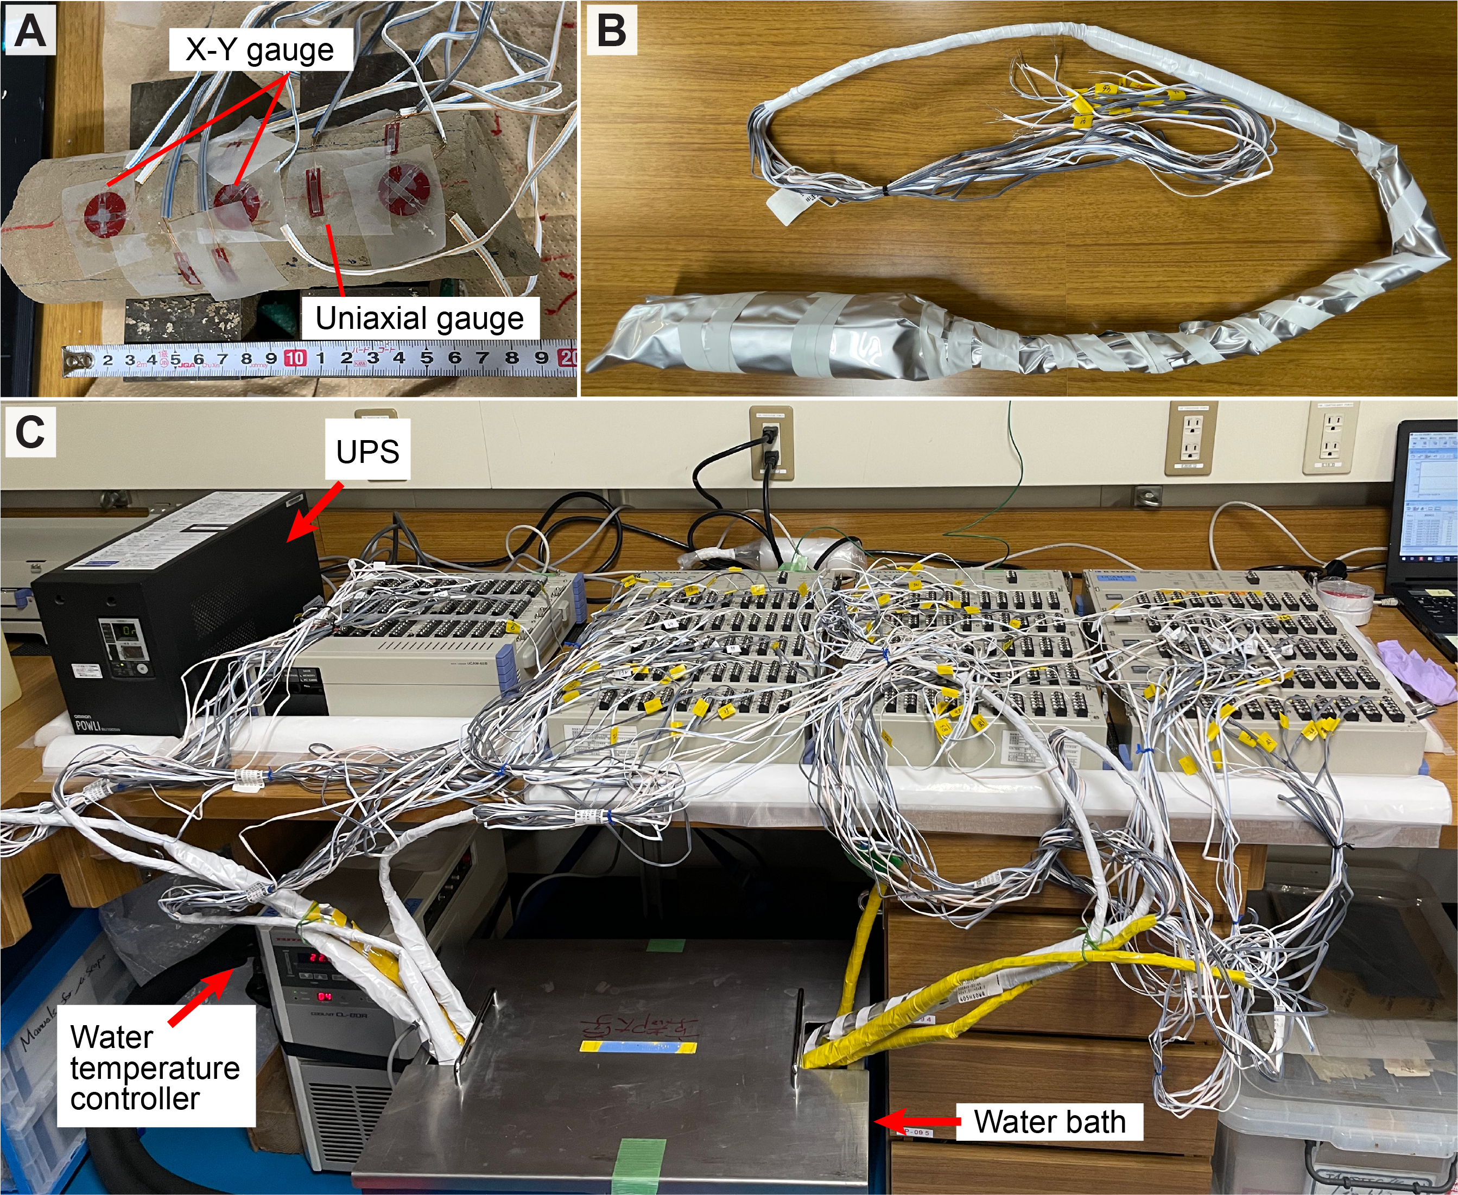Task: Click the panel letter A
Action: coord(29,31)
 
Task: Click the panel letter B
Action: coord(611,31)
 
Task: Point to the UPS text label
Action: coord(367,452)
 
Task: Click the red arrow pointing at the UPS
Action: coord(314,511)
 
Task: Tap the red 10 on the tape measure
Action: coord(295,358)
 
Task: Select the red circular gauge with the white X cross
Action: coord(404,185)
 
